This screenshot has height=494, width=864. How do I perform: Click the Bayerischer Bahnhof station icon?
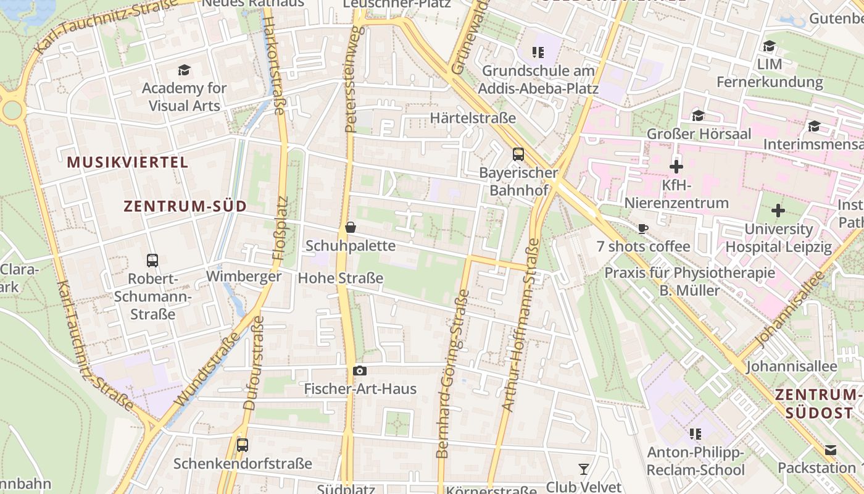point(518,154)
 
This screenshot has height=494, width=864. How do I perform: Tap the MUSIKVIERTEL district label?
point(127,162)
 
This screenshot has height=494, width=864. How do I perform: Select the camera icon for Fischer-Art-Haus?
point(360,371)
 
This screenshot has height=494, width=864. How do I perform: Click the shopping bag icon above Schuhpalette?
point(351,227)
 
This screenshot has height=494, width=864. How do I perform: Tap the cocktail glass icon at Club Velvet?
point(583,469)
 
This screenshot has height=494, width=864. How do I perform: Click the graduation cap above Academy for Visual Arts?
point(183,70)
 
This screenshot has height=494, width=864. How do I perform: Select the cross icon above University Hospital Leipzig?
point(778,211)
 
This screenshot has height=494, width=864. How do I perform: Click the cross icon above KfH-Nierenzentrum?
point(676,166)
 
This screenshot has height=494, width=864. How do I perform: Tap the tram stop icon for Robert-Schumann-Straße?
point(152,260)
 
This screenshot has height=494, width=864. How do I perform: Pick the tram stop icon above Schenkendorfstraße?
point(243,445)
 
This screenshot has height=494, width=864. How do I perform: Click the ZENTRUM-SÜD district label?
point(185,206)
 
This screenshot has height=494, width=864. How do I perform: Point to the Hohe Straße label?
point(341,278)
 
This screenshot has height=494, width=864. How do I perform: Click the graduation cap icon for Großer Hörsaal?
point(698,115)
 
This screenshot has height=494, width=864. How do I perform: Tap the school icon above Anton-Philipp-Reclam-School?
point(696,434)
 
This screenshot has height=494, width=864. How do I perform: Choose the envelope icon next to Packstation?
point(831,450)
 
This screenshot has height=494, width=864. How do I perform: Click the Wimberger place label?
point(244,276)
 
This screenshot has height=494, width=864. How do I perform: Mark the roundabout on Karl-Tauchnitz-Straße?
point(12,111)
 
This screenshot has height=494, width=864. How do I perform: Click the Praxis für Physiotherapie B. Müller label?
point(689,281)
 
